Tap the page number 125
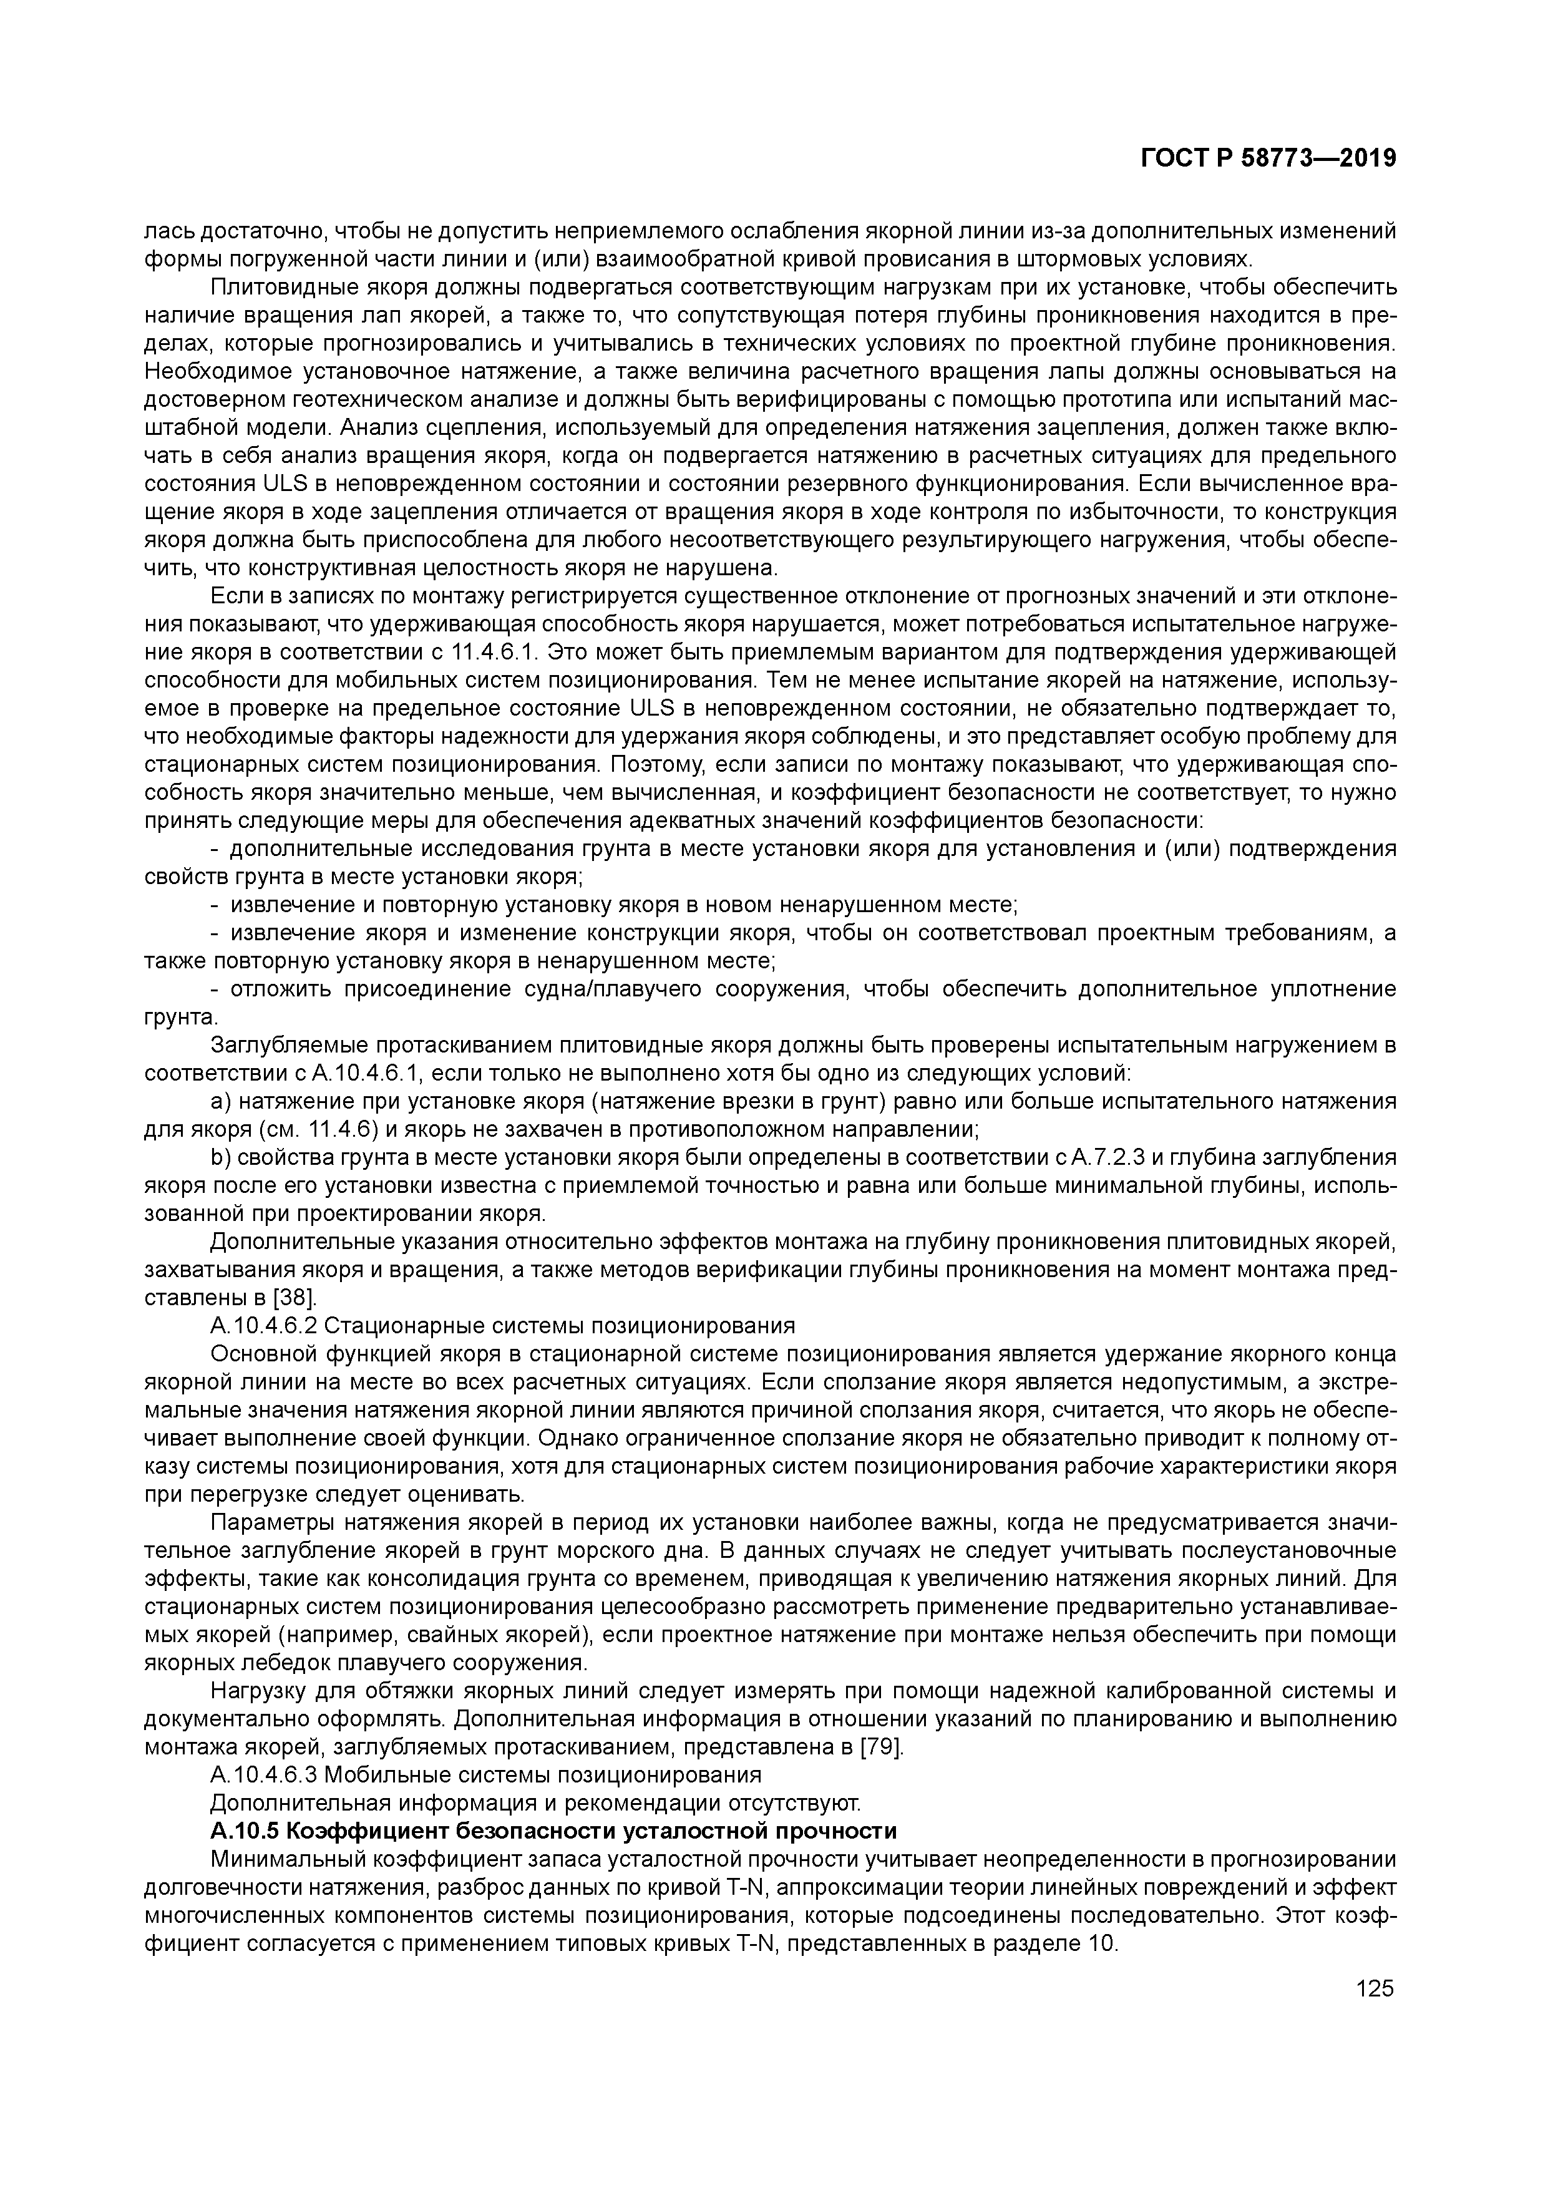click(1375, 1988)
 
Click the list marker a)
click(220, 1102)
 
